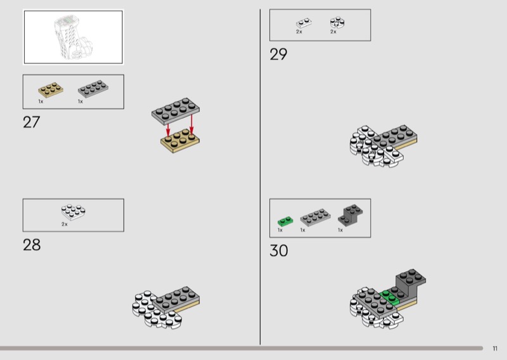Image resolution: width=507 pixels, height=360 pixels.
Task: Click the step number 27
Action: tap(31, 122)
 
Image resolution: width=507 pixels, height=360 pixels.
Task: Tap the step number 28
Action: tap(32, 245)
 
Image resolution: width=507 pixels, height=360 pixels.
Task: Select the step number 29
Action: tap(278, 55)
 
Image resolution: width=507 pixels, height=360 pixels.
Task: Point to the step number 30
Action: tap(279, 251)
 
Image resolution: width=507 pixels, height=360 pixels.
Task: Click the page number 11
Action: tap(495, 349)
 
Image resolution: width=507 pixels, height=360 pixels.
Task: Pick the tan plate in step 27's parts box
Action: tap(51, 90)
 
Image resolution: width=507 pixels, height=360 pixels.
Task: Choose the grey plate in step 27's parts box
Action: tap(93, 89)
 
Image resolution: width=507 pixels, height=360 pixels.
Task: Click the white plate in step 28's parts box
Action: tap(74, 212)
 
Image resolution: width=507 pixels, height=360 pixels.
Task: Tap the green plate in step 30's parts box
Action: tap(286, 221)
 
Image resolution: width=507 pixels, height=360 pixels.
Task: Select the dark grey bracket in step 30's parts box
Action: tap(350, 215)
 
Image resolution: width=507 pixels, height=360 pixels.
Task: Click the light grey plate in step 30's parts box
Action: tap(315, 217)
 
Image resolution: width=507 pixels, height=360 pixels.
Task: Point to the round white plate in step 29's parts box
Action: tap(337, 23)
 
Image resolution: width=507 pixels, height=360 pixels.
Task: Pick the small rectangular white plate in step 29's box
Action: tap(304, 23)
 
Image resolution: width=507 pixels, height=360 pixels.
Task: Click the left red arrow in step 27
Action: tap(168, 130)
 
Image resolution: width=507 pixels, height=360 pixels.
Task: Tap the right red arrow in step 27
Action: tap(191, 124)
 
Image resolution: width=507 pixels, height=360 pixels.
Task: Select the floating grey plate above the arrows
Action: tap(176, 111)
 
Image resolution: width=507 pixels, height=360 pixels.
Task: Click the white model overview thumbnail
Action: tap(74, 37)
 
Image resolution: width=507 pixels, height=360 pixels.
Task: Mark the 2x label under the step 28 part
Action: tap(65, 224)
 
